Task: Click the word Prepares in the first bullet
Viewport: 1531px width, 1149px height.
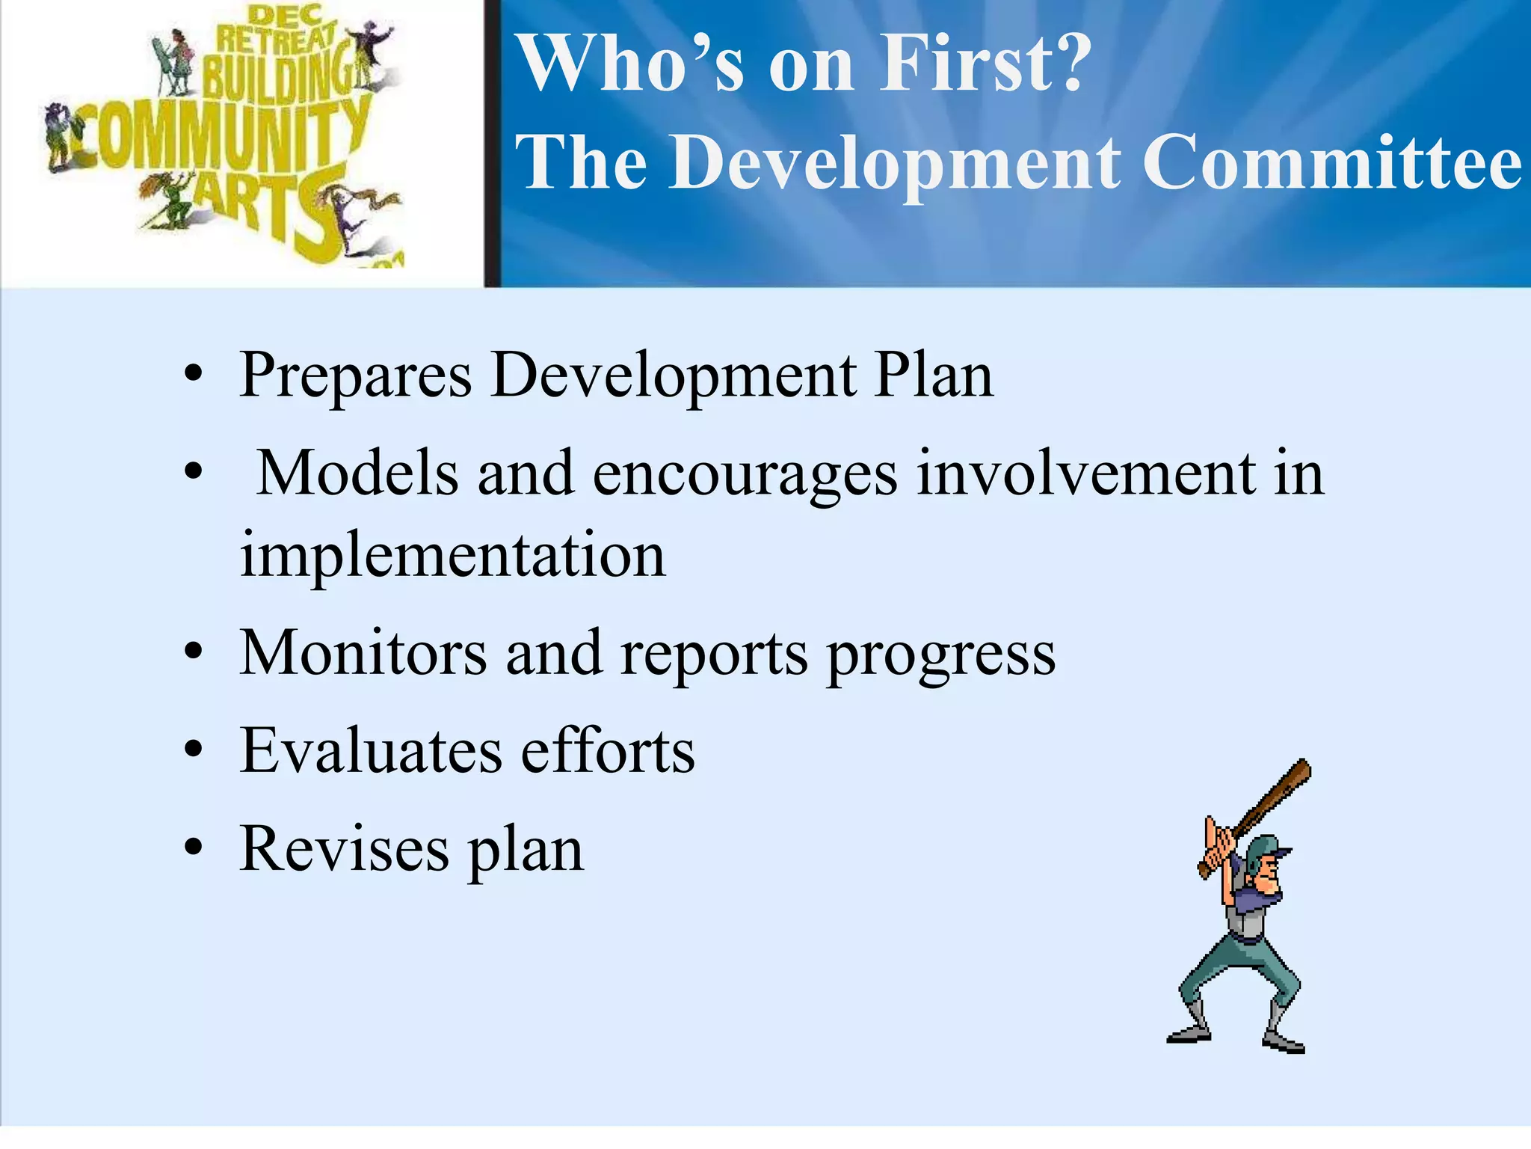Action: [355, 376]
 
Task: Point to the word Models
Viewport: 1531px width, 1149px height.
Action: [357, 474]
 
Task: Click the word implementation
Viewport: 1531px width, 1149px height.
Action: [452, 556]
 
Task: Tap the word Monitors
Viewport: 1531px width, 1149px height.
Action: [363, 653]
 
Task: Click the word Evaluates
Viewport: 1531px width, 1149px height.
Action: [371, 751]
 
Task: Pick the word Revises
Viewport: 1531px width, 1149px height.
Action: [344, 849]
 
